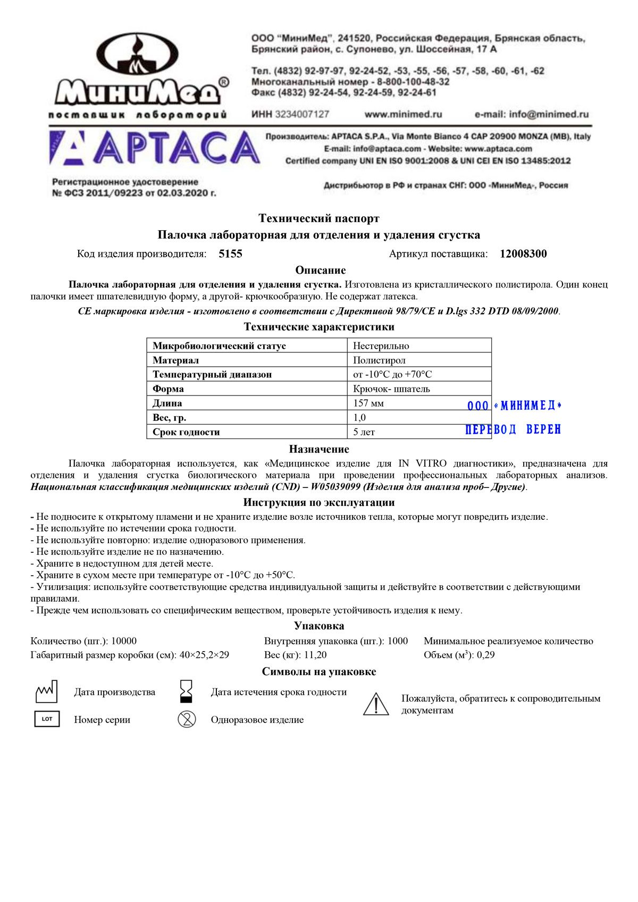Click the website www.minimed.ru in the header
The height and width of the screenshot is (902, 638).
click(x=403, y=114)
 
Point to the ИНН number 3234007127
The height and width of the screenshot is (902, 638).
click(x=302, y=114)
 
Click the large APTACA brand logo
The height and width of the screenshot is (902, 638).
click(x=155, y=147)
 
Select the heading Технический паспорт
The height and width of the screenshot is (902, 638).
click(x=319, y=218)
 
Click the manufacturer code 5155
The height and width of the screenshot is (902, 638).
click(x=230, y=254)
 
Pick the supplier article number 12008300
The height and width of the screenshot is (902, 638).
click(x=523, y=254)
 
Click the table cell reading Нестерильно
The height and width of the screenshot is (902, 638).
click(x=381, y=346)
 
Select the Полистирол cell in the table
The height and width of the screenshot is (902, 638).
click(x=379, y=360)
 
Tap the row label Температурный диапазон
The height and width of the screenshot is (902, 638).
click(x=212, y=375)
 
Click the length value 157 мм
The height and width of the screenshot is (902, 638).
click(x=368, y=403)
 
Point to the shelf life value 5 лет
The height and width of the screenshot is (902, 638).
click(x=364, y=432)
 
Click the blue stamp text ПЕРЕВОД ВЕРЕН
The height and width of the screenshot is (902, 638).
click(x=513, y=429)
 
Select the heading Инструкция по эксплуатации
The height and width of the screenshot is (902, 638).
click(x=319, y=502)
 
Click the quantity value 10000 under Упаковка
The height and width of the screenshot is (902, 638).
click(x=124, y=641)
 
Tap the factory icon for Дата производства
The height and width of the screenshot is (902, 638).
click(x=46, y=692)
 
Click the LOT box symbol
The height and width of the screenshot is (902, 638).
click(x=47, y=719)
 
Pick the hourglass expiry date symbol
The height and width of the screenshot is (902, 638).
click(x=186, y=692)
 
